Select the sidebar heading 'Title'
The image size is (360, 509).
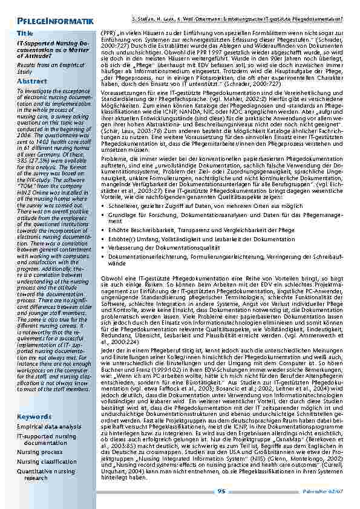click(x=25, y=33)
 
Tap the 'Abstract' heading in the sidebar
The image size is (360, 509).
click(x=31, y=80)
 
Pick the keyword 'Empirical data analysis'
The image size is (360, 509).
click(x=48, y=427)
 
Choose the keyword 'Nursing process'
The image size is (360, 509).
click(x=39, y=452)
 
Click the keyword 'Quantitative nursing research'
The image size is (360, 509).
click(x=45, y=474)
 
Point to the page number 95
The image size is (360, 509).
click(x=221, y=491)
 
